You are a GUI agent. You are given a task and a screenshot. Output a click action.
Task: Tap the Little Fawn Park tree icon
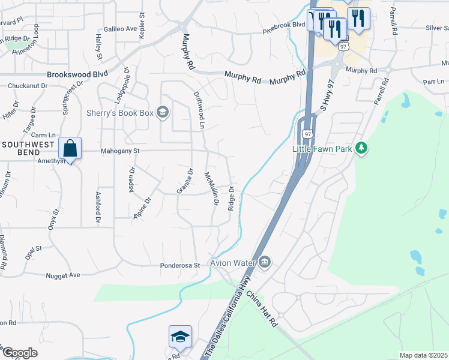[x=361, y=148]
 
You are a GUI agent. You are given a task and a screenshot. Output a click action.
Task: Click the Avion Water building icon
[x=265, y=262]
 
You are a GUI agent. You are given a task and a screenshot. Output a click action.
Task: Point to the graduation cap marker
[x=179, y=338]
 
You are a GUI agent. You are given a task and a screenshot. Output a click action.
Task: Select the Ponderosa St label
[x=179, y=265]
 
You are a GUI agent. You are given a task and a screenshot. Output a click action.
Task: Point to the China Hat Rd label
[x=262, y=308]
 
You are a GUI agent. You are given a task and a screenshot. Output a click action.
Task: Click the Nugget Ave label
[x=63, y=275]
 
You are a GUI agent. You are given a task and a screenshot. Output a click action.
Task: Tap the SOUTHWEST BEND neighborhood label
[x=28, y=145]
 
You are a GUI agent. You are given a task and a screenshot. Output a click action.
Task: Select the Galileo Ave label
[x=120, y=28]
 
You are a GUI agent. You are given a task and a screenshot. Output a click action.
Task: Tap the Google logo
[x=20, y=353]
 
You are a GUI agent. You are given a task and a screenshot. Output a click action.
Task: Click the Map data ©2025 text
[x=423, y=355]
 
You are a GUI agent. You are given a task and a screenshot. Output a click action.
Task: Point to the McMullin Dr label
[x=211, y=188]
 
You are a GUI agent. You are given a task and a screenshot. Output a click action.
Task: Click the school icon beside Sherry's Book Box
[x=161, y=112]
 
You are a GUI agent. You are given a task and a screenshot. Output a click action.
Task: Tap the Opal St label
[x=33, y=248]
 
